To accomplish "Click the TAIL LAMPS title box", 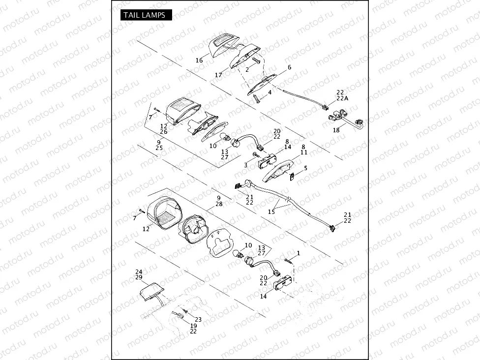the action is click(146, 15).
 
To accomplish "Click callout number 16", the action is click(199, 60).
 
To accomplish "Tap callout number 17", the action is click(218, 75).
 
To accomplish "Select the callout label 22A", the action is click(343, 98).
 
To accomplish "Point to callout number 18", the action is click(336, 130).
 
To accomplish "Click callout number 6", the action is click(289, 67).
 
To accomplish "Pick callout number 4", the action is click(270, 92).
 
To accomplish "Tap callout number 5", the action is click(305, 168).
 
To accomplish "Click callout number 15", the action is click(271, 211).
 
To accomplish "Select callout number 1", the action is click(299, 253).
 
